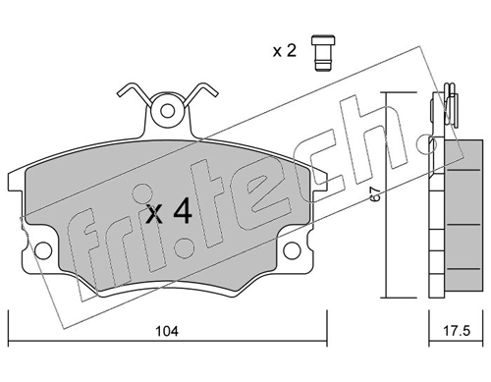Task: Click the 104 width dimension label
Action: pos(167,331)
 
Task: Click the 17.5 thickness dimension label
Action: pos(457,331)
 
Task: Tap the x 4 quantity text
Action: pos(169,213)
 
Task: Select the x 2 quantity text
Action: pos(285,51)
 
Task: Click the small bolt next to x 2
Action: pos(323,52)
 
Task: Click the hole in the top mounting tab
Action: pos(168,111)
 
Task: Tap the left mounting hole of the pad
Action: pos(43,250)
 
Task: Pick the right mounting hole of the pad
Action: pos(292,250)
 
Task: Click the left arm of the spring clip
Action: pos(135,92)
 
